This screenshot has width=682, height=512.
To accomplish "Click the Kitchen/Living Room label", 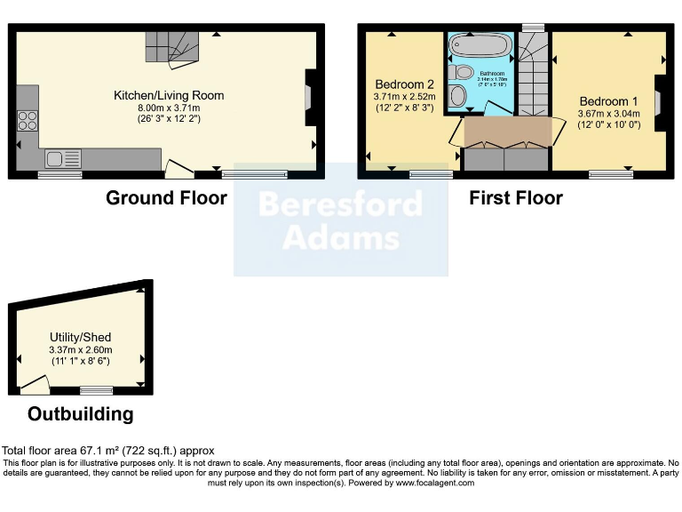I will (169, 95).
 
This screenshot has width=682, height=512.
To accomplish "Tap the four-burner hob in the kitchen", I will (27, 120).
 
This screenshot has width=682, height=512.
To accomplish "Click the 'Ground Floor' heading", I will (166, 198).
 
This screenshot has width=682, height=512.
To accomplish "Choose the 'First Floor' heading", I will (516, 198).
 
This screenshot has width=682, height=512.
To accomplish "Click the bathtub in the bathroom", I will (478, 44).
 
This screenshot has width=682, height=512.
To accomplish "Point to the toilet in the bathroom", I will (461, 71).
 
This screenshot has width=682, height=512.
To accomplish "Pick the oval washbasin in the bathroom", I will (459, 96).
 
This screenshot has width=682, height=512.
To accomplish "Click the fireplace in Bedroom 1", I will (659, 96).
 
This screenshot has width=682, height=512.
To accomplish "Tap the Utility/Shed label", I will (81, 338).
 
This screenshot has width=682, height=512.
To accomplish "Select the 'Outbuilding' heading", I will (80, 414).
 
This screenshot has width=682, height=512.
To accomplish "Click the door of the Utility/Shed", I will (35, 384).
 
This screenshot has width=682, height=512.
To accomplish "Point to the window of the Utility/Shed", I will (96, 390).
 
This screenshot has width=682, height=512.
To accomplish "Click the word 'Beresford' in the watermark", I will (340, 205).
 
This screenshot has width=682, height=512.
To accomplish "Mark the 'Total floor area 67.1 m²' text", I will (108, 451).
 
